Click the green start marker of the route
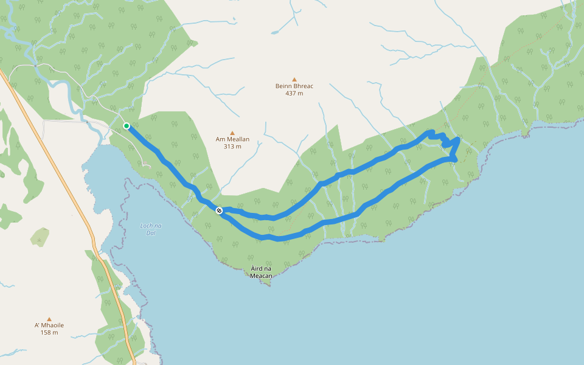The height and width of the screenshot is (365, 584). pyautogui.click(x=127, y=126)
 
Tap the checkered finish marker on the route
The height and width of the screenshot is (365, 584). pyautogui.click(x=219, y=210)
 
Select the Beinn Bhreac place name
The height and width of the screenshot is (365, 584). pyautogui.click(x=294, y=86)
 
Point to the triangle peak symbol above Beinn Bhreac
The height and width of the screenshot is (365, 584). pyautogui.click(x=294, y=79)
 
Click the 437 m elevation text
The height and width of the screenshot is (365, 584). pyautogui.click(x=294, y=93)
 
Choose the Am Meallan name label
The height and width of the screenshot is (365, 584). pyautogui.click(x=232, y=139)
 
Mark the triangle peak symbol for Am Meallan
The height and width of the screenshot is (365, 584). pyautogui.click(x=232, y=133)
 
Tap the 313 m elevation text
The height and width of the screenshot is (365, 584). pyautogui.click(x=232, y=147)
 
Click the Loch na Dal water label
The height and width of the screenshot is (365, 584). pyautogui.click(x=150, y=229)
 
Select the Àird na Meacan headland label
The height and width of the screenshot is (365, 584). pyautogui.click(x=260, y=272)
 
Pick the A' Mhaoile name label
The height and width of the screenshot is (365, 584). pyautogui.click(x=49, y=325)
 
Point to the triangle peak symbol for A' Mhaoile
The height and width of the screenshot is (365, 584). pyautogui.click(x=49, y=319)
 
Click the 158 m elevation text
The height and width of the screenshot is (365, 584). pyautogui.click(x=49, y=333)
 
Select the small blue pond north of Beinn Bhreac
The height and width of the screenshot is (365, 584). pyautogui.click(x=275, y=32)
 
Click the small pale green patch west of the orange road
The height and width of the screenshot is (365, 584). pyautogui.click(x=40, y=236)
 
